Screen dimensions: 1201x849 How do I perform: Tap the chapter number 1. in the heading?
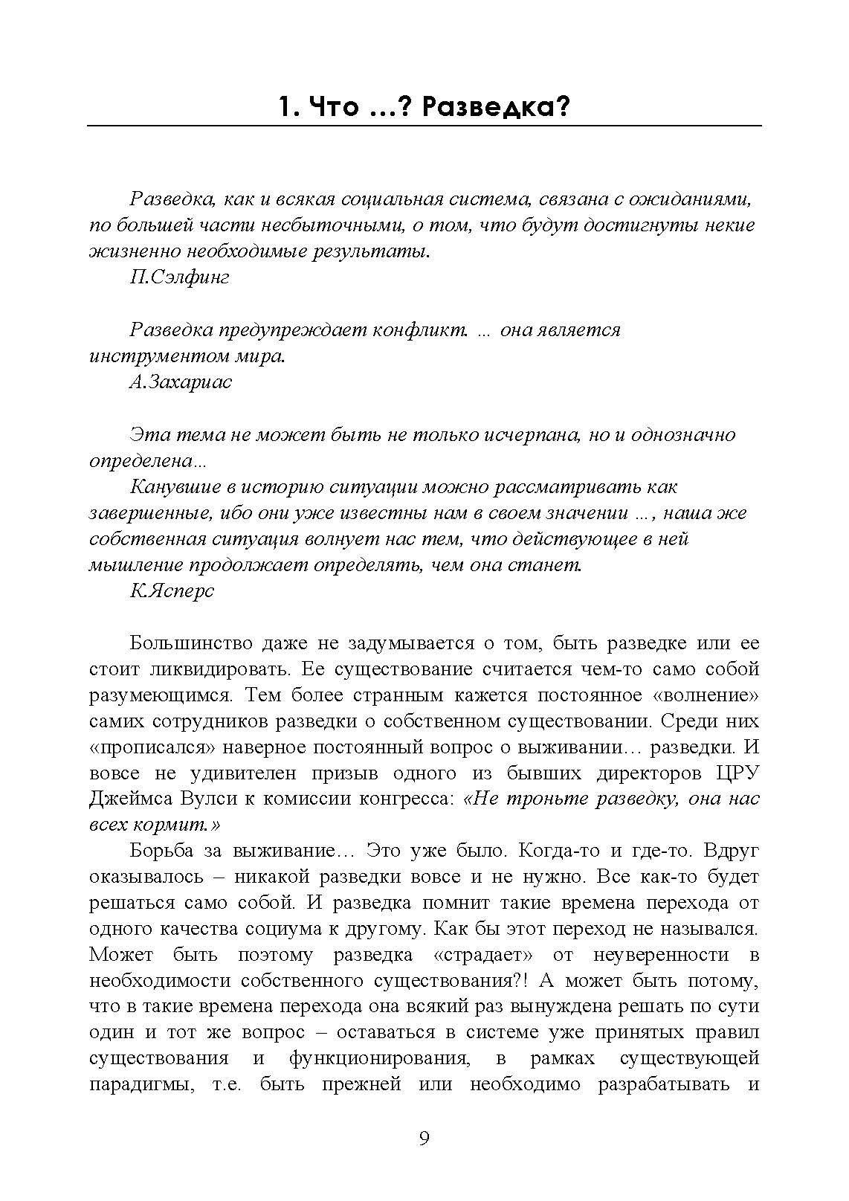point(288,108)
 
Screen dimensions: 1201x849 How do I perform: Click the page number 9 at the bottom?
point(424,1139)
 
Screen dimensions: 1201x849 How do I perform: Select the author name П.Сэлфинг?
point(179,277)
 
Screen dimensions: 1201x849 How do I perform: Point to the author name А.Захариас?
point(181,382)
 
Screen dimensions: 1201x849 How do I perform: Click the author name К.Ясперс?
point(172,591)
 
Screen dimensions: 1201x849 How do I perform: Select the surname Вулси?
point(207,799)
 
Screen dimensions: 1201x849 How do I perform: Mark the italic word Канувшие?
point(174,487)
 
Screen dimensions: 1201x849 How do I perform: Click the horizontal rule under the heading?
point(424,126)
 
